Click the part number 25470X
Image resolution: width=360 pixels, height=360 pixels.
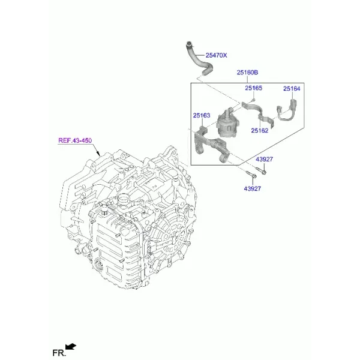(x=216, y=55)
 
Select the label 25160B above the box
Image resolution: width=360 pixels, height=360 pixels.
(x=247, y=73)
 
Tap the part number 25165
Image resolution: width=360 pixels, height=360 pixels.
(x=253, y=88)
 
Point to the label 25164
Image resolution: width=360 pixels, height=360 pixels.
(x=292, y=89)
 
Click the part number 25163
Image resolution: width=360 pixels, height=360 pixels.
(x=202, y=115)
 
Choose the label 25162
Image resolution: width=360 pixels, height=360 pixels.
(x=259, y=130)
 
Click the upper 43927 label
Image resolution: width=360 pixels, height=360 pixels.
(x=264, y=159)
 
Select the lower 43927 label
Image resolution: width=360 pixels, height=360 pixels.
(x=252, y=188)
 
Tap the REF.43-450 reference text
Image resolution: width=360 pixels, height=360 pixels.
(x=75, y=140)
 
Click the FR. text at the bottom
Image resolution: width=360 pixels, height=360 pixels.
(x=59, y=353)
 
